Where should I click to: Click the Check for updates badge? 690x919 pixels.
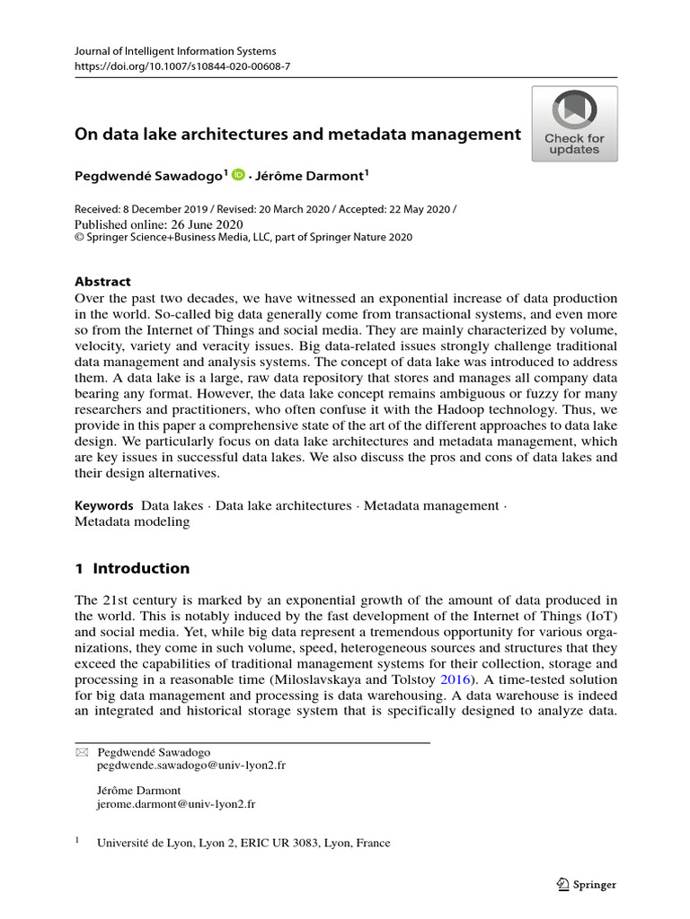[x=574, y=123]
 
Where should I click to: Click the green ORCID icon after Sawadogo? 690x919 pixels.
[x=238, y=176]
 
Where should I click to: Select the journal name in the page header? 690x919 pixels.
[x=174, y=51]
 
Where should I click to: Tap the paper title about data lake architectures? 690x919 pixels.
[x=296, y=134]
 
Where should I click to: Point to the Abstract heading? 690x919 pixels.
[x=102, y=281]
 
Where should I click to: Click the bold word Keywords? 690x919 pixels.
[x=103, y=505]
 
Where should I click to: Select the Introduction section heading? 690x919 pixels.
[x=132, y=568]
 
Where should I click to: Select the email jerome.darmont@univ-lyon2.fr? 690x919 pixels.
[x=175, y=805]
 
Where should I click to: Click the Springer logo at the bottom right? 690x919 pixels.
[x=586, y=884]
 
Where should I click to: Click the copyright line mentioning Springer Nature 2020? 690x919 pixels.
[x=243, y=238]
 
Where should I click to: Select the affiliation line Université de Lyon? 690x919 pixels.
[x=243, y=843]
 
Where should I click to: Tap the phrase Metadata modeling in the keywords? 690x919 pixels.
[x=132, y=521]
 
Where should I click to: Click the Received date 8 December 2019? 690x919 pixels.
[x=147, y=209]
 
